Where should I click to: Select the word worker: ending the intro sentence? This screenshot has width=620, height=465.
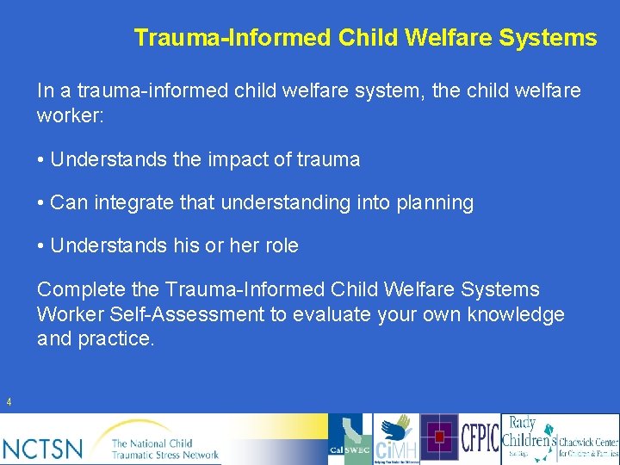tap(70, 115)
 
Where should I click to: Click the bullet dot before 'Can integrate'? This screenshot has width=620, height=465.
tap(41, 204)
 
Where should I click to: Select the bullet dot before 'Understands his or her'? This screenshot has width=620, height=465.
tap(41, 247)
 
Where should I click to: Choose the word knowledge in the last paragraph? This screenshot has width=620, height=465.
tap(516, 315)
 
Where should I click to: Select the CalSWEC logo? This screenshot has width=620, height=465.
tap(350, 439)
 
